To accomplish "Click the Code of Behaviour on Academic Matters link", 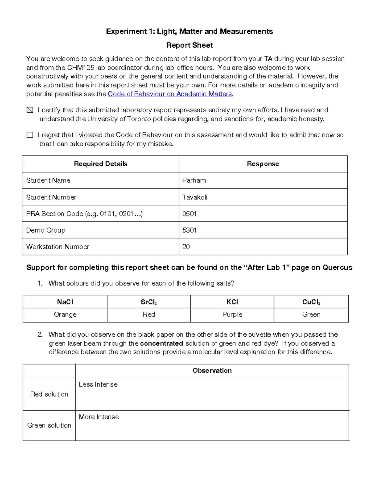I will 170,94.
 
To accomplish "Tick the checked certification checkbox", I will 30,110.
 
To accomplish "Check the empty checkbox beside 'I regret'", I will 30,135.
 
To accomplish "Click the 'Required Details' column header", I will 100,164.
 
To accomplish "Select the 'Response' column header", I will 263,164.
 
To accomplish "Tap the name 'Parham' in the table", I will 194,180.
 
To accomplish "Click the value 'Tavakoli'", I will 195,197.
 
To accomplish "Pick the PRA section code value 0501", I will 189,214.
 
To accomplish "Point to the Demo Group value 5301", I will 189,230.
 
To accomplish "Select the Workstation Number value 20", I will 186,247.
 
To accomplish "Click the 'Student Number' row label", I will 51,197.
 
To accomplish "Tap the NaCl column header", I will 65,302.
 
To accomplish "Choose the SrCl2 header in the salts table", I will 149,302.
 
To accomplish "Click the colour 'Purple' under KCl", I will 232,315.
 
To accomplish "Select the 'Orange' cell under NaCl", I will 65,315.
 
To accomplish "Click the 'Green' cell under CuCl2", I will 311,315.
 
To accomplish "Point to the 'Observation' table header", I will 212,371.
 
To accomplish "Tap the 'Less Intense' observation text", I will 98,385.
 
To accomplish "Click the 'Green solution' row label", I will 49,425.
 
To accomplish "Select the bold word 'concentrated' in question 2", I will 161,343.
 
